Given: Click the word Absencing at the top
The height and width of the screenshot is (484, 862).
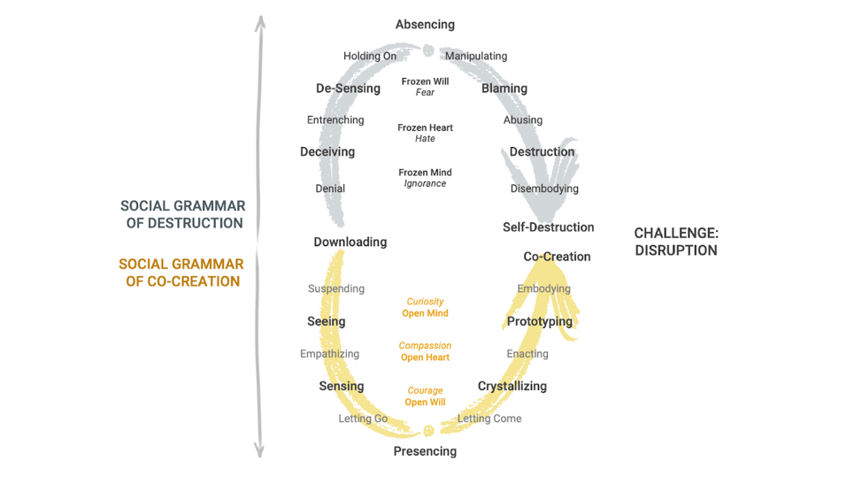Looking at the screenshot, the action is [x=425, y=25].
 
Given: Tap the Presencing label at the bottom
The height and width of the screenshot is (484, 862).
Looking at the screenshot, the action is [x=425, y=451].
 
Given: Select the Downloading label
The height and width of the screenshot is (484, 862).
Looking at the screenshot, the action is [x=350, y=242].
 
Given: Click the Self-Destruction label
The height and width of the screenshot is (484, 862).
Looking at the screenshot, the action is [x=548, y=227].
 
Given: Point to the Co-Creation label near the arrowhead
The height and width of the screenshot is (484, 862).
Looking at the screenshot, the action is [x=557, y=257].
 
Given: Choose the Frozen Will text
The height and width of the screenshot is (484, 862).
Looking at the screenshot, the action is [x=425, y=81].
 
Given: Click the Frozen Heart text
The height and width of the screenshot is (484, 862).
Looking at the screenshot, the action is [x=425, y=127].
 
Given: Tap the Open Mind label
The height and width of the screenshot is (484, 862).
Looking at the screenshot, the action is [x=425, y=313].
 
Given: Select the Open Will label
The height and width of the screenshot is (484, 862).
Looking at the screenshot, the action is [x=425, y=403].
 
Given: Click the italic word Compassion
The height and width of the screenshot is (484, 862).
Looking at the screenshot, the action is [x=425, y=346].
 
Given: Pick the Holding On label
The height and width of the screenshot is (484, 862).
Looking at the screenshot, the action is [x=370, y=57].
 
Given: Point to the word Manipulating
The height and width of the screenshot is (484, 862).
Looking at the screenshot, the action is [x=476, y=57].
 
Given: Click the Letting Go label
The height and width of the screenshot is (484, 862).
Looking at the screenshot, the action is [x=363, y=419].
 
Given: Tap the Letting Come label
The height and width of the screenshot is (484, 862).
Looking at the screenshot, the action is [x=489, y=419].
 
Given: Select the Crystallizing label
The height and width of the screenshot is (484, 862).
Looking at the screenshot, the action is [x=512, y=386].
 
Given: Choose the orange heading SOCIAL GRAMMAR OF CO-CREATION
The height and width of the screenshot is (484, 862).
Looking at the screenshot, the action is [x=181, y=273].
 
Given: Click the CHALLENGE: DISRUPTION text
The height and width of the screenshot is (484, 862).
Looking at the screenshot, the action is [x=676, y=242].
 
